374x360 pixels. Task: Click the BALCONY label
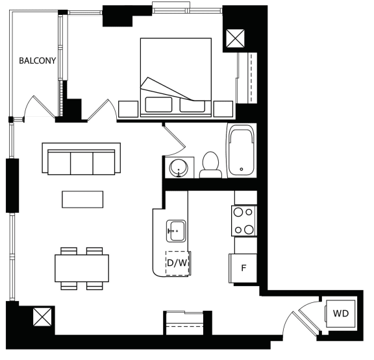[37, 61]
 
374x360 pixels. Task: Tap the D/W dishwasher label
[177, 263]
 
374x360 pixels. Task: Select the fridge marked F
[243, 269]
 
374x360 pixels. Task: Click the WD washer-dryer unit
[340, 313]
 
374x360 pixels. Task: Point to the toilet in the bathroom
[210, 165]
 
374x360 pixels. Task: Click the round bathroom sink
[179, 167]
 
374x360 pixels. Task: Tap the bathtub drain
[242, 169]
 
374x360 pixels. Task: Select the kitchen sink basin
[176, 231]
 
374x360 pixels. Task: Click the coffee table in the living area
[82, 199]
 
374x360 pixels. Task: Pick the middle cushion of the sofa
[82, 163]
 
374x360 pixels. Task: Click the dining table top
[82, 269]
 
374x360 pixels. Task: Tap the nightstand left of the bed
[129, 109]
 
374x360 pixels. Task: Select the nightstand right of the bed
[223, 109]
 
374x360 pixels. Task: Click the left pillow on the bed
[158, 104]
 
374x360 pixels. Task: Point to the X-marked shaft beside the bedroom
[235, 38]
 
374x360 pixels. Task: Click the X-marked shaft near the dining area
[42, 317]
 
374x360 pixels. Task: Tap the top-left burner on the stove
[238, 212]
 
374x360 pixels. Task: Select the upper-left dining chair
[69, 251]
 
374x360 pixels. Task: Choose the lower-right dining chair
[95, 286]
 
